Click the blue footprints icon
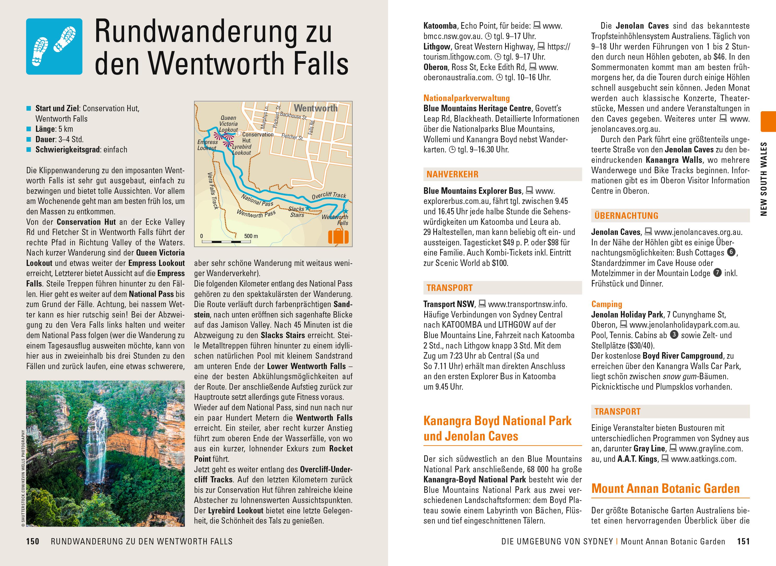tap(54, 47)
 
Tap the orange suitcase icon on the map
tap(338, 237)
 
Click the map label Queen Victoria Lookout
tap(228, 124)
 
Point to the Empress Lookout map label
tap(207, 145)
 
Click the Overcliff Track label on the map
tap(329, 195)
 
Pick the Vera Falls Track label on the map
tap(213, 190)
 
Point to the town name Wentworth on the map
tap(316, 108)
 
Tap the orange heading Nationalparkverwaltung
tap(466, 98)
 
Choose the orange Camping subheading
tap(606, 304)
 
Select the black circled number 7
tap(717, 273)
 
